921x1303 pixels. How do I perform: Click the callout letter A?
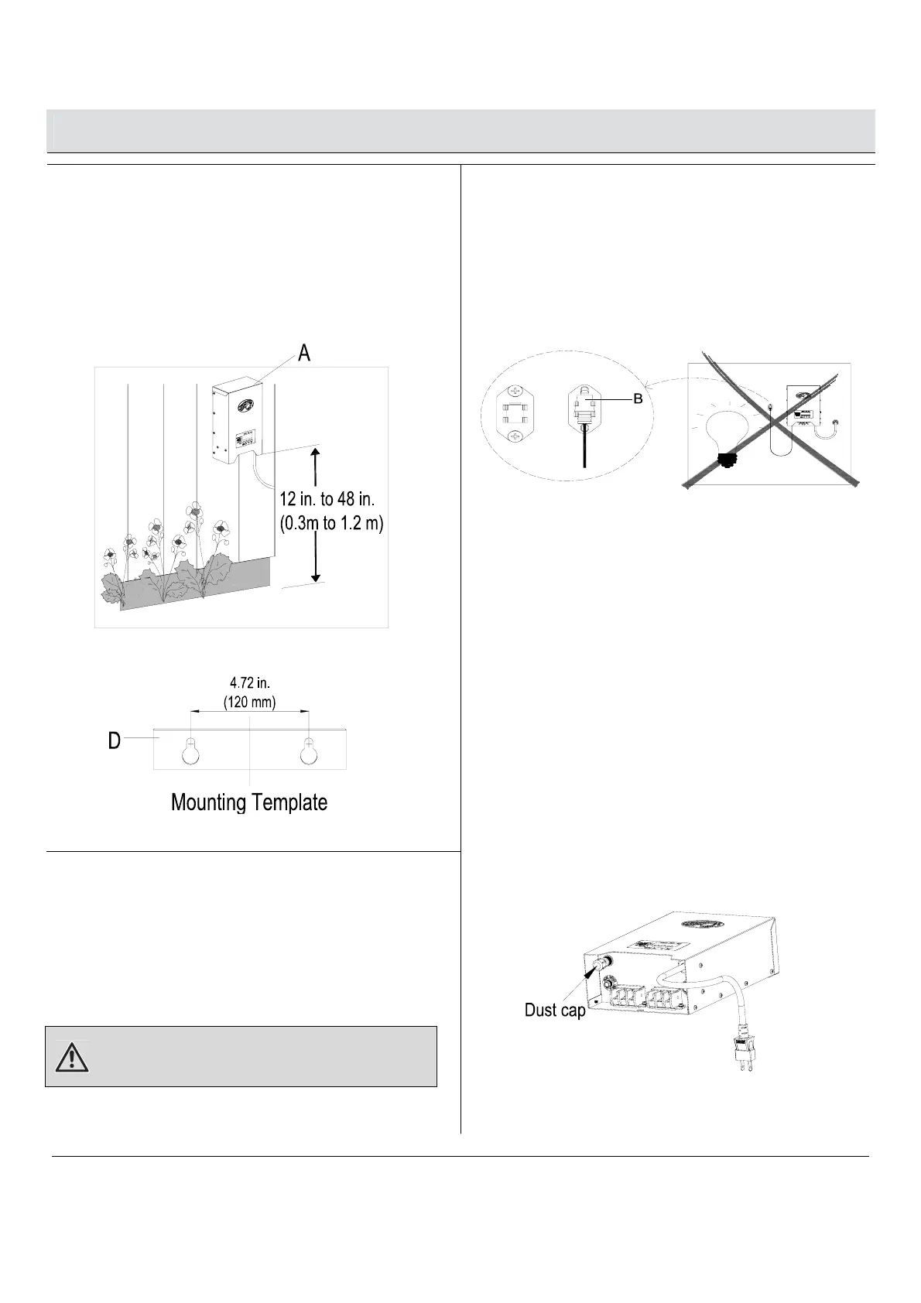click(305, 353)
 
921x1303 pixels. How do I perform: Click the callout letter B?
click(638, 398)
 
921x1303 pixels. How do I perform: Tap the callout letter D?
click(114, 740)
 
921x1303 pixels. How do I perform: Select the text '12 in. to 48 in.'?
click(327, 501)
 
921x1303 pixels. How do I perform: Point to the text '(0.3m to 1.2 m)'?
click(331, 524)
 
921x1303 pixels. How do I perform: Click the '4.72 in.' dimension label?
click(249, 683)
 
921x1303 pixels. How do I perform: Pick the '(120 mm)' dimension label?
click(249, 702)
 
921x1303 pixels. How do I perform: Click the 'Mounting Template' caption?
click(249, 802)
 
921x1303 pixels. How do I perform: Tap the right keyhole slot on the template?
click(309, 751)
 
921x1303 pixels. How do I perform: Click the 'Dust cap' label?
click(555, 1010)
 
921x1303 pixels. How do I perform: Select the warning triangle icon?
click(72, 1057)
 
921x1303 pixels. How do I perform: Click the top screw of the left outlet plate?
click(514, 393)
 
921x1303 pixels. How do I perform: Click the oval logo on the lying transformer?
click(702, 924)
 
